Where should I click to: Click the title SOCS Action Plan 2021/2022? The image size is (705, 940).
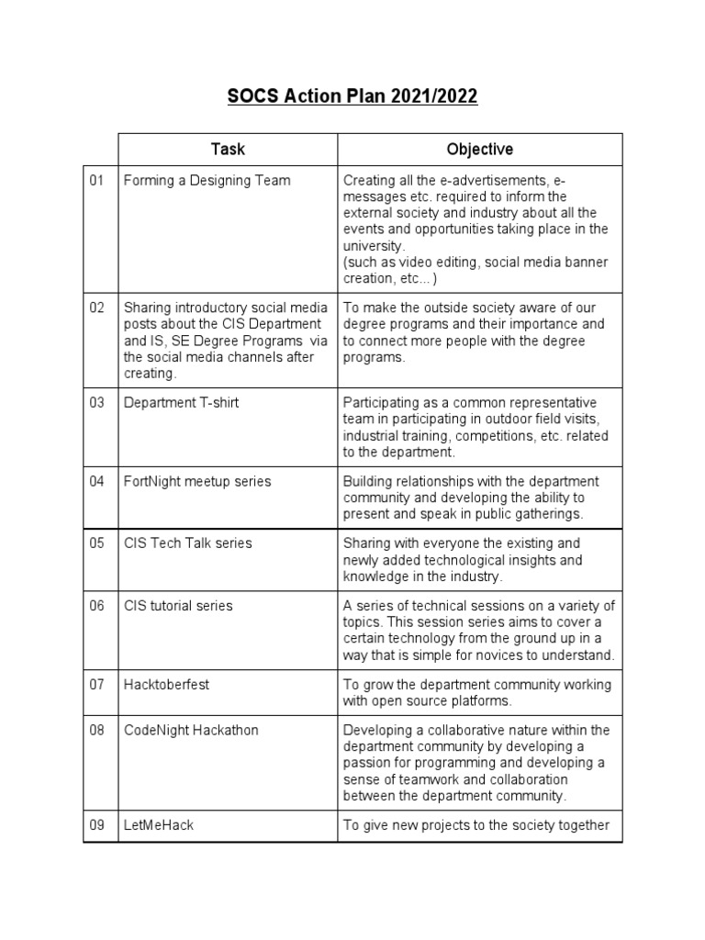pos(352,96)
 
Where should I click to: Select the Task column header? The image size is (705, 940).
pos(228,149)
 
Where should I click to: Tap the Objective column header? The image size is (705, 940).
pos(479,149)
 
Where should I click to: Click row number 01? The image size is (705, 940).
pos(97,181)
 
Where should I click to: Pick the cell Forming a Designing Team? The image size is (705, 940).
pos(207,181)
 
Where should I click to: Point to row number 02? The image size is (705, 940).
pos(97,308)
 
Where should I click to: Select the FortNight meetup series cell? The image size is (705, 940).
pos(197,482)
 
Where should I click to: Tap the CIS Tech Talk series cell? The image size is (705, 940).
pos(187,543)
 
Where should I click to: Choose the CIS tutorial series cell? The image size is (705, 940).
pos(178,606)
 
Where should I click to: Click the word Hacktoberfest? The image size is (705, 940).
pos(165,685)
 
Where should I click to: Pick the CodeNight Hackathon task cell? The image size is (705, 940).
pos(191,730)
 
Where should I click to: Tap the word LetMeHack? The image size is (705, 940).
pos(159,825)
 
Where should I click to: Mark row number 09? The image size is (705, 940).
pos(97,825)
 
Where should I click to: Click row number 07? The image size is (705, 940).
pos(97,685)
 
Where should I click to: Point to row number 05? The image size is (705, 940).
pos(97,543)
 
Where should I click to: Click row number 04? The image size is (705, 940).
pos(97,482)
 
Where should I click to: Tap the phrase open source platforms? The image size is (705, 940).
pos(438,701)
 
